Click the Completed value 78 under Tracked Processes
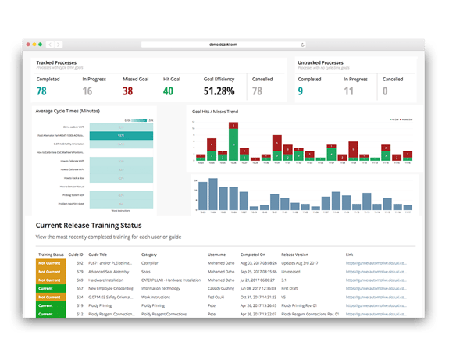41,91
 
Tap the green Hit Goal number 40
168,91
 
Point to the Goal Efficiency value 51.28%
220,91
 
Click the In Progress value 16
87,91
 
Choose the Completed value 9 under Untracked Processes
301,91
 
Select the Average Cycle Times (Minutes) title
69,111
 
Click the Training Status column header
52,255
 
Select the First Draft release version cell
294,288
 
